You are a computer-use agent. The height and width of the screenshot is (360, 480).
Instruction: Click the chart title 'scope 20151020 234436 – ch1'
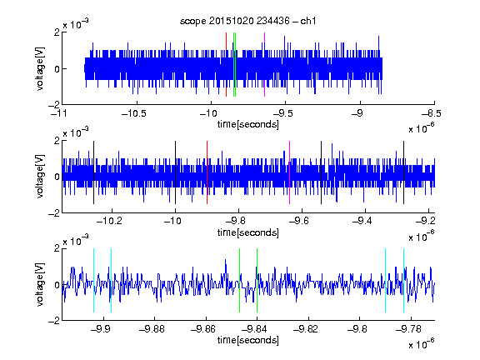[x=248, y=21]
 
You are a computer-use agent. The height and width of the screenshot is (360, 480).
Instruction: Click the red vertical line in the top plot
[x=226, y=65]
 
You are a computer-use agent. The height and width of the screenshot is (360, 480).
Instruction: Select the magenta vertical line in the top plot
[x=264, y=65]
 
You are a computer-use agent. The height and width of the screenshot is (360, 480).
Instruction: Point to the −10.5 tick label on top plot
[x=134, y=113]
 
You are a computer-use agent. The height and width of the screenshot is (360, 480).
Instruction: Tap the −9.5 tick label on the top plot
[x=282, y=113]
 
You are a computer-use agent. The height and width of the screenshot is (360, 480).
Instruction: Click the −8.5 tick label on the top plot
[x=432, y=113]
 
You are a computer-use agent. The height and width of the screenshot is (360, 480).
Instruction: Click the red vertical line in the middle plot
[x=207, y=172]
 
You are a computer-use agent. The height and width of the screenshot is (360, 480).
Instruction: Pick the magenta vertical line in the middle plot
[x=290, y=172]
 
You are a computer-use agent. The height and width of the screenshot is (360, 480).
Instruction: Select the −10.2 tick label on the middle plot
[x=109, y=221]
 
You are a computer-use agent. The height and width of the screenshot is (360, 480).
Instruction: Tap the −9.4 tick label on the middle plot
[x=362, y=221]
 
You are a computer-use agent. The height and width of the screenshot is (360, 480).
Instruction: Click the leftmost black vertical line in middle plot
[x=93, y=172]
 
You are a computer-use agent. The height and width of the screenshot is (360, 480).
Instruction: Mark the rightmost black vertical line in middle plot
[x=403, y=172]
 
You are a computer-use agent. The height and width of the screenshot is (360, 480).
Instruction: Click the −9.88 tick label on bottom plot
[x=152, y=329]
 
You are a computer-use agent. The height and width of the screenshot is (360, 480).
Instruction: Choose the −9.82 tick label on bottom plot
[x=306, y=329]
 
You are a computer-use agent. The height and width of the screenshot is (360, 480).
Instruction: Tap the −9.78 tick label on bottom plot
[x=408, y=329]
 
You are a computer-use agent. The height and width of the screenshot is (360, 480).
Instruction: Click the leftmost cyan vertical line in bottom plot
[x=93, y=280]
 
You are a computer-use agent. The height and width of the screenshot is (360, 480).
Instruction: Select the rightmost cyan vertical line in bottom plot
[x=404, y=280]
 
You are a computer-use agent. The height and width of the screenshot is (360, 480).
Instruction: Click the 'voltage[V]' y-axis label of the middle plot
[x=40, y=177]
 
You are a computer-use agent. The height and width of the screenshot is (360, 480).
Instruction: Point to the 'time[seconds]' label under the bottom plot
[x=248, y=340]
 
